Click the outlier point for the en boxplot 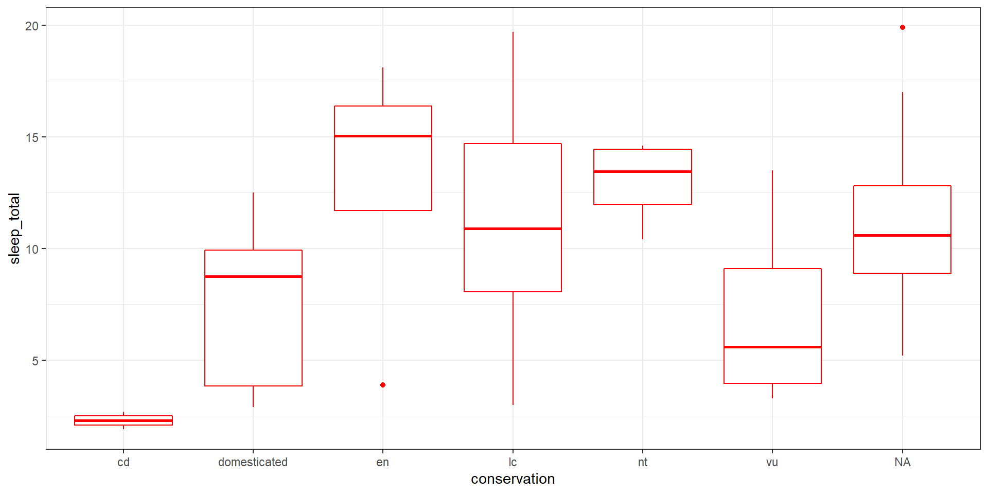383,385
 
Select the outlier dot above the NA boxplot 903,27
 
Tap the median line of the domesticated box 253,276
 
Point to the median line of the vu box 772,347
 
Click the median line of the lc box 513,228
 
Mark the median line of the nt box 643,171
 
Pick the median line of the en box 383,136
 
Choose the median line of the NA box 902,235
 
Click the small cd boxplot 123,420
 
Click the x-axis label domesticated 253,462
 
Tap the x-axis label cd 123,462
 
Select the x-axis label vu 772,462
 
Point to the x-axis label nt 643,462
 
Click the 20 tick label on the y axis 32,26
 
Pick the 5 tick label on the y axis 35,361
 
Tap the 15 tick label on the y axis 32,137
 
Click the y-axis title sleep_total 14,228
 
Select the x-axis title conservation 513,479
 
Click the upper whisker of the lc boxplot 513,87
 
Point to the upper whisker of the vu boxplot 772,219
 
